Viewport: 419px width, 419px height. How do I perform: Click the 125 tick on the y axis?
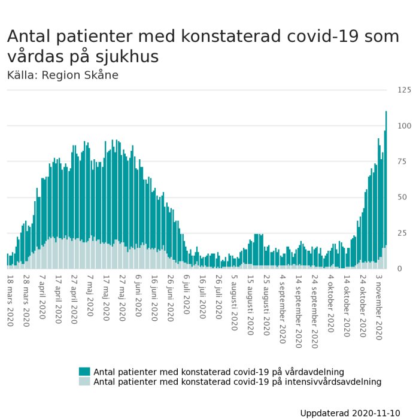[404, 90]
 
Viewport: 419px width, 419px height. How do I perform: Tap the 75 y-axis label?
[406, 162]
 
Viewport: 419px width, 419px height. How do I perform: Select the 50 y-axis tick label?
[406, 197]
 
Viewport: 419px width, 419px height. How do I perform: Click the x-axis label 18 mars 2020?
[10, 300]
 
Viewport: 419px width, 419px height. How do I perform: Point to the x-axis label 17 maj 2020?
[106, 299]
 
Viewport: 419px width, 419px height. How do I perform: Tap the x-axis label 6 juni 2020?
[138, 299]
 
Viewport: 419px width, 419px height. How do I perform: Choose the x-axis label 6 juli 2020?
[186, 297]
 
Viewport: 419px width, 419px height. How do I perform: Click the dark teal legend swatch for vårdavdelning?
[84, 372]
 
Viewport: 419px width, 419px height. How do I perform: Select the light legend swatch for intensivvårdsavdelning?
[84, 381]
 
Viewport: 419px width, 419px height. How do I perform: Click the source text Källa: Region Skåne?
[63, 75]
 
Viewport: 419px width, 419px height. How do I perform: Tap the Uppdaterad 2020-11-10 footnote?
[350, 413]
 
